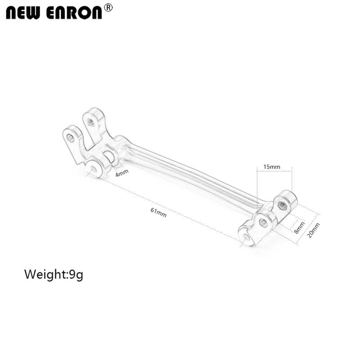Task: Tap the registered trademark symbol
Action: tap(108, 7)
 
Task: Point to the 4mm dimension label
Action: tap(121, 172)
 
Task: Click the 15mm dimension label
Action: tap(272, 167)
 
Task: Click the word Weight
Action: tap(45, 274)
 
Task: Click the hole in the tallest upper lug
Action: tap(91, 121)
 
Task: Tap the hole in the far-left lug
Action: tap(70, 136)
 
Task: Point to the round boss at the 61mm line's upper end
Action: tap(94, 168)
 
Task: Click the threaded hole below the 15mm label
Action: tap(283, 205)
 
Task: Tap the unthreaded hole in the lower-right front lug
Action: tap(263, 222)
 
